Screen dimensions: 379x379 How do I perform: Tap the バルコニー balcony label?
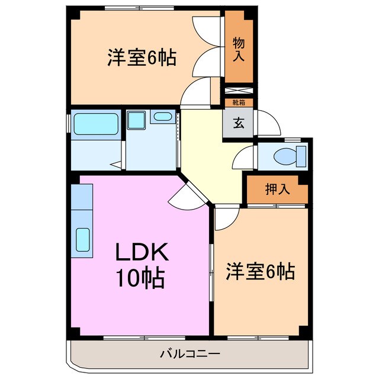[190, 354]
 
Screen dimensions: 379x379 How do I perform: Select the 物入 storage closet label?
[238, 50]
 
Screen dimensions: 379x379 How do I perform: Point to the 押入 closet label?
[277, 189]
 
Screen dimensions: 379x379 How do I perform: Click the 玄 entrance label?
[239, 124]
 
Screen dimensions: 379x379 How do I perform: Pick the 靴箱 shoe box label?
[238, 102]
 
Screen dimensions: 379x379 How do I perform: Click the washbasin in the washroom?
[161, 117]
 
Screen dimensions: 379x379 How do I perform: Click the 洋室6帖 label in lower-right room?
[260, 272]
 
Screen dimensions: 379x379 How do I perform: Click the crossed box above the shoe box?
[238, 92]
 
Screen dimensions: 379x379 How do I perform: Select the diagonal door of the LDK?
[184, 192]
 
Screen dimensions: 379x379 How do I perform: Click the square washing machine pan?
[137, 121]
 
